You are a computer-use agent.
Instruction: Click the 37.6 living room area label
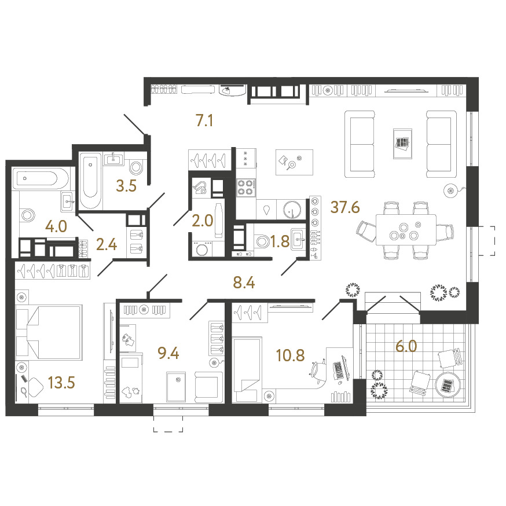point(345,207)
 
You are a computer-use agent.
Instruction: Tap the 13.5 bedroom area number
point(61,383)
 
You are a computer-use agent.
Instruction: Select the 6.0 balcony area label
point(406,346)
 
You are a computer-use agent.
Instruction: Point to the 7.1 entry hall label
point(204,120)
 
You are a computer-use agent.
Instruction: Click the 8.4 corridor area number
point(244,283)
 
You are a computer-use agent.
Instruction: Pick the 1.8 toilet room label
point(280,241)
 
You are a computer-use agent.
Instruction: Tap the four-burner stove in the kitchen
point(246,188)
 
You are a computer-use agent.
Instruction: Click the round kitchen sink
point(292,210)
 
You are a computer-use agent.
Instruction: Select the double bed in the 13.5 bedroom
point(49,332)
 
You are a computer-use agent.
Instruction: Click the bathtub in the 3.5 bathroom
point(90,181)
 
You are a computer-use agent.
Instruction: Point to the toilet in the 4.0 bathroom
point(27,215)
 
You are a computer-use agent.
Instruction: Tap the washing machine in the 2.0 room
point(202,249)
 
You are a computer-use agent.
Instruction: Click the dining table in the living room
point(406,230)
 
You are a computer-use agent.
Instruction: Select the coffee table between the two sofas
point(402,144)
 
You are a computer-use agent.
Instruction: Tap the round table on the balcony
point(448,384)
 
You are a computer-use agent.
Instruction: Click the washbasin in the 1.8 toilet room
point(299,240)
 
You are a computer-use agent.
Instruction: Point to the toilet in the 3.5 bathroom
point(136,167)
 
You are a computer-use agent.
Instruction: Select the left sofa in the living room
point(360,144)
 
